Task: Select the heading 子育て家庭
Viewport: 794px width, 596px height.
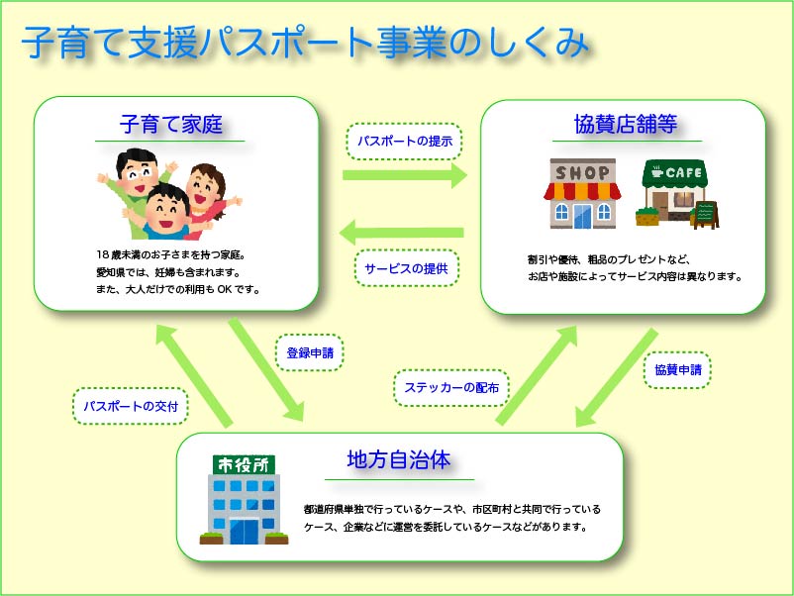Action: [170, 126]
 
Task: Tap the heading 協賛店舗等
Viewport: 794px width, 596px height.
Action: [625, 126]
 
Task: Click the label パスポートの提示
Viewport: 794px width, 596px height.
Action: [404, 141]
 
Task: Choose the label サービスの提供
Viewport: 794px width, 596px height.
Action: [406, 268]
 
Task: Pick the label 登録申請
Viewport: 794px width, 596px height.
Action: [309, 352]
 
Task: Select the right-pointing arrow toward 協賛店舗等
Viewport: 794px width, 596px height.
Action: [404, 176]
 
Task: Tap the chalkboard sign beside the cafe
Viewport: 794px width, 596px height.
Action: [705, 215]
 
